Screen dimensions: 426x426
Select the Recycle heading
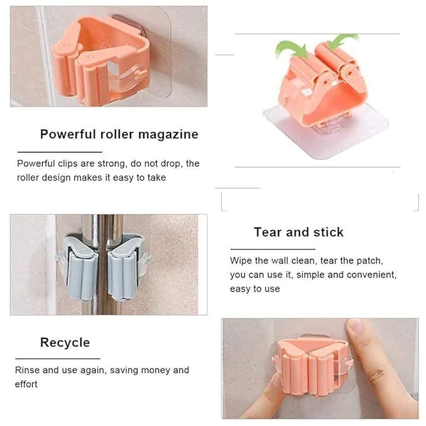pos(65,343)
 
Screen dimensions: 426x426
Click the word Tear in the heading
pos(268,232)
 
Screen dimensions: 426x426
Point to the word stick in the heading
pos(327,232)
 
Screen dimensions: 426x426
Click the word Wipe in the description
pos(242,260)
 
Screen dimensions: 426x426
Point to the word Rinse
pos(27,370)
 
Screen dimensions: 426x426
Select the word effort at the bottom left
pos(26,384)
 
